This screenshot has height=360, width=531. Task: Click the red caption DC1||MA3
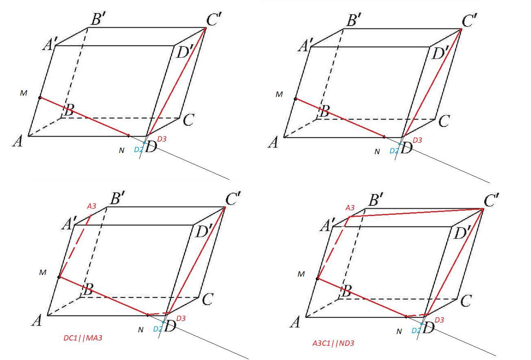tap(83, 338)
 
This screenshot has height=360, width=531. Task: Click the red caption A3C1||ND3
tap(333, 343)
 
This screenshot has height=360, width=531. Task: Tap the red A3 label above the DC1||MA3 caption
tap(92, 206)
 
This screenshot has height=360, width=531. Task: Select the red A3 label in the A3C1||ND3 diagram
tap(350, 208)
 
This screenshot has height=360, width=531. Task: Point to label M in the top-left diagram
tap(24, 94)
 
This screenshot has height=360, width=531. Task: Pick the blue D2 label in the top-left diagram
tap(138, 150)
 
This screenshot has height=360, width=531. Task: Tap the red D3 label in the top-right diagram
tap(417, 140)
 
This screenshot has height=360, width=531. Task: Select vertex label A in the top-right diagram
tap(273, 143)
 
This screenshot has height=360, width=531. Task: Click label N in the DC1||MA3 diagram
tap(141, 330)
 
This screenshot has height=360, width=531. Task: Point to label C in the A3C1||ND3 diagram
tap(466, 301)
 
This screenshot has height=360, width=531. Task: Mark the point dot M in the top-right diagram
tap(295, 99)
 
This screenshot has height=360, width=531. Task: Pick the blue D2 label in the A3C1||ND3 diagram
tap(416, 331)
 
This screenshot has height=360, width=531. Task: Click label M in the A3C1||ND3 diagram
tap(301, 274)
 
